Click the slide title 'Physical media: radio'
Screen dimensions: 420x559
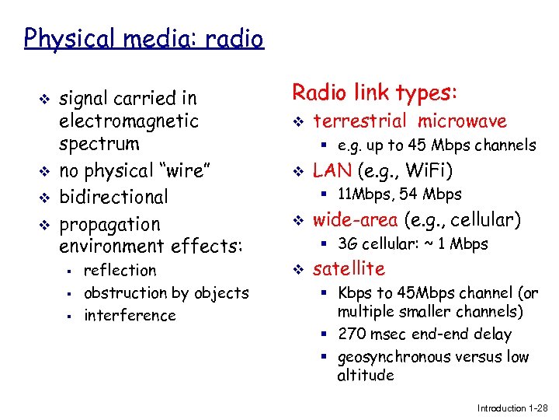(144, 37)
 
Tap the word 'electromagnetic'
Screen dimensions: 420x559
(129, 121)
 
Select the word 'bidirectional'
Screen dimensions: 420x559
(113, 197)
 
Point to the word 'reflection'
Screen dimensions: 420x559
(120, 271)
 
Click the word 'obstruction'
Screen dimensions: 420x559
(125, 293)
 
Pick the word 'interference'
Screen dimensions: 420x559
(130, 316)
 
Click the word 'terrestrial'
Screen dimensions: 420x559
(359, 121)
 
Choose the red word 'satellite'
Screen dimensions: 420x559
(349, 269)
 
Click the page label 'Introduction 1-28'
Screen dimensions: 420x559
(513, 408)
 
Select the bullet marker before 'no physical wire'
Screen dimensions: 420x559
(44, 171)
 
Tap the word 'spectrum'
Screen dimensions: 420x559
(99, 144)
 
